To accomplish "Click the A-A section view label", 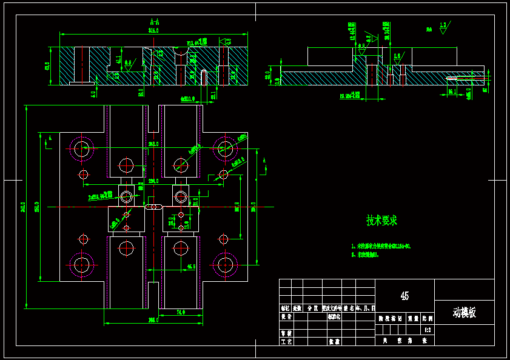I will pyautogui.click(x=153, y=22).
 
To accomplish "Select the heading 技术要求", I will pyautogui.click(x=381, y=221).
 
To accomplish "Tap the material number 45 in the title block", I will pyautogui.click(x=404, y=296).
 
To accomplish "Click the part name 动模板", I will pyautogui.click(x=464, y=313).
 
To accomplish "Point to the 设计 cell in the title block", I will pyautogui.click(x=286, y=316).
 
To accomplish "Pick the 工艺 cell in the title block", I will pyautogui.click(x=286, y=342).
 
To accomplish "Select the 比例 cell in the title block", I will pyautogui.click(x=428, y=317).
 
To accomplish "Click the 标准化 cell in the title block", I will pyautogui.click(x=335, y=316).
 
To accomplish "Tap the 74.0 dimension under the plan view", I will pyautogui.click(x=180, y=313).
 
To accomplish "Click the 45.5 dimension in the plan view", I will pyautogui.click(x=191, y=266).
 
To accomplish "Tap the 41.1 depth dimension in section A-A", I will pyautogui.click(x=118, y=60).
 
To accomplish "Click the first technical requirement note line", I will pyautogui.click(x=381, y=247).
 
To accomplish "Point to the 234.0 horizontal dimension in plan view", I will pyautogui.click(x=152, y=181).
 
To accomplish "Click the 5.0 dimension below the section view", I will pyautogui.click(x=93, y=94).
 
